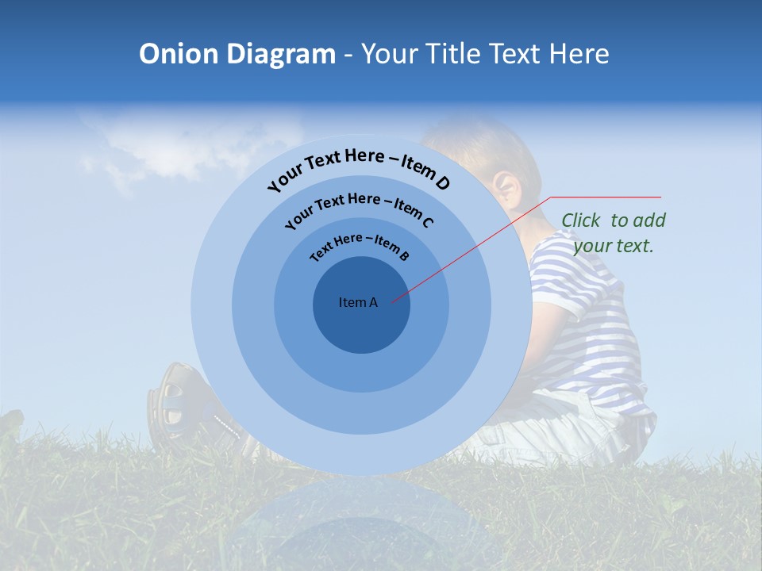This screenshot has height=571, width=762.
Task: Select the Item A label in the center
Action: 358,302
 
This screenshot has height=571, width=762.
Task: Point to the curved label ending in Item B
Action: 360,246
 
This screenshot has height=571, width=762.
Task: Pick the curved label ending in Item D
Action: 359,169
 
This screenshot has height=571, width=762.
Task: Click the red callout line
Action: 476,246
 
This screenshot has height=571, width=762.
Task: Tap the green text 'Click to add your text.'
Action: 614,233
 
